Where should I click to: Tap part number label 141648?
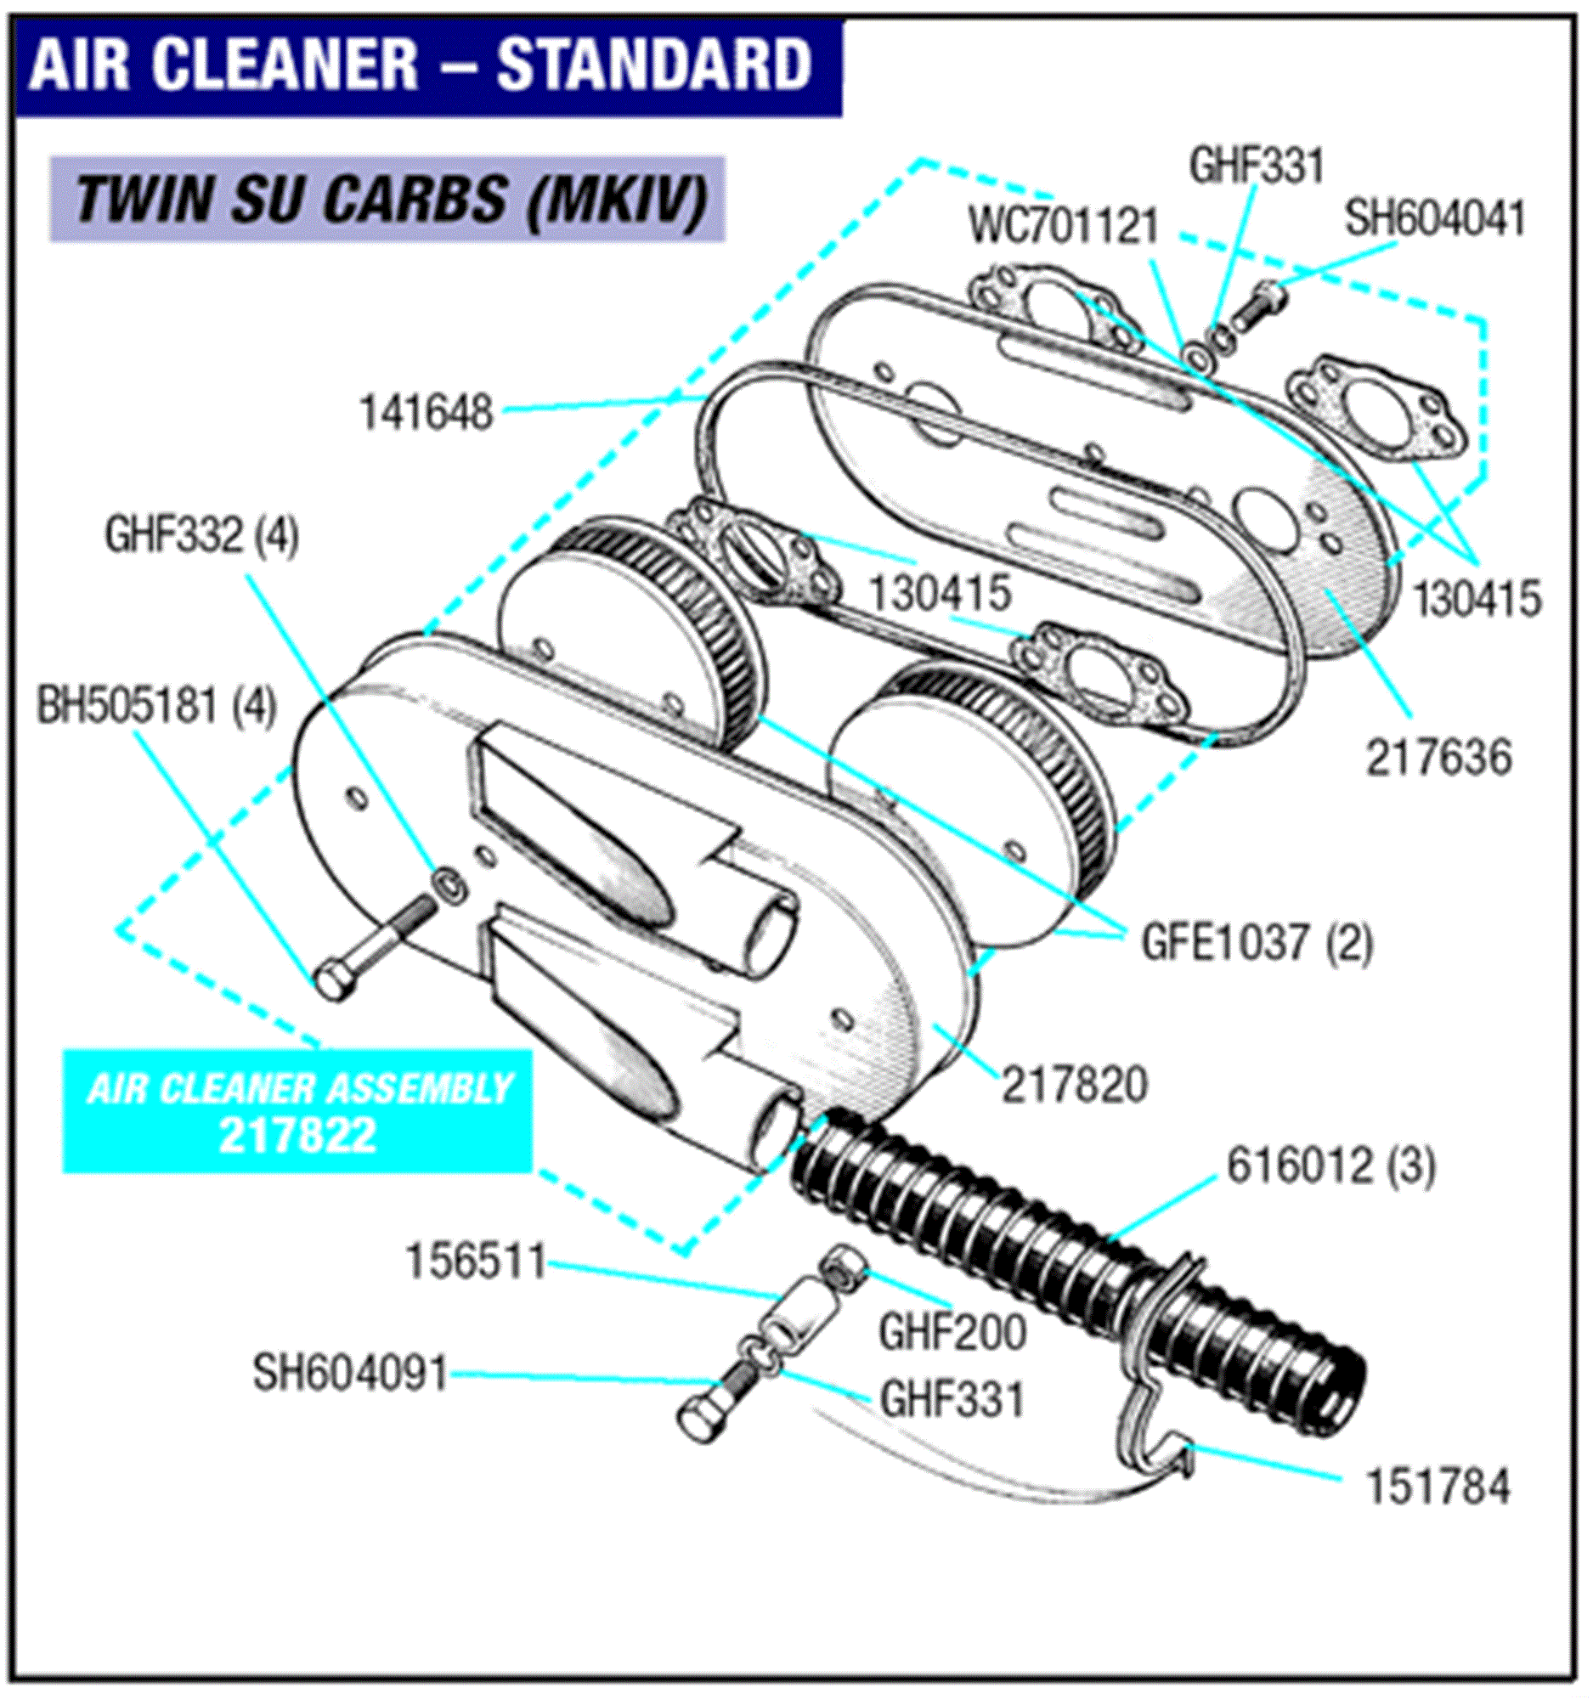pyautogui.click(x=426, y=414)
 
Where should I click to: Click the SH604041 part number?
pyautogui.click(x=1435, y=219)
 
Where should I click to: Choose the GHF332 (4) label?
pyautogui.click(x=201, y=537)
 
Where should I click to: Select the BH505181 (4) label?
pyautogui.click(x=156, y=707)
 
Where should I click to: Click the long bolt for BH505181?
pyautogui.click(x=368, y=947)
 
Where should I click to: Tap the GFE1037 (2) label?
pyautogui.click(x=1257, y=943)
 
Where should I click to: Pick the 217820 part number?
pyautogui.click(x=1074, y=1086)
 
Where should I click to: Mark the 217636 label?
pyautogui.click(x=1438, y=758)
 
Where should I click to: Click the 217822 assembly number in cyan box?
pyautogui.click(x=297, y=1136)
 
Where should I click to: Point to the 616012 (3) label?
pyautogui.click(x=1330, y=1166)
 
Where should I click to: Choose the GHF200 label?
pyautogui.click(x=952, y=1333)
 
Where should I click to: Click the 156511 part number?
pyautogui.click(x=475, y=1262)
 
